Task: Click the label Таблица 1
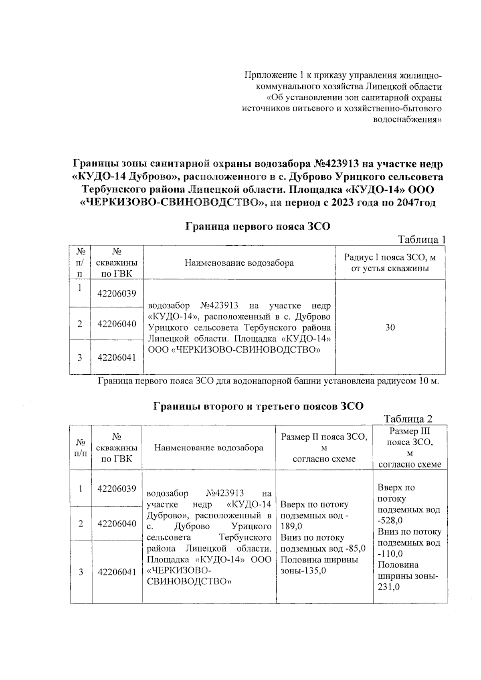(x=421, y=240)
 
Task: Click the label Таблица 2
(x=408, y=419)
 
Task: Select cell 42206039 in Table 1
(x=117, y=293)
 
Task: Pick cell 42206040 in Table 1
(x=117, y=324)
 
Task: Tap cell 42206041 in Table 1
(x=117, y=357)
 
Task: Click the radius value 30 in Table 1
(x=390, y=327)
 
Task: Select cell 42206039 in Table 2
(x=117, y=488)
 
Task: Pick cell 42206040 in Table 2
(x=117, y=523)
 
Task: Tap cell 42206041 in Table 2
(x=117, y=572)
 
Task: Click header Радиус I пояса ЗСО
(x=390, y=263)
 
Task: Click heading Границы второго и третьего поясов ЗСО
(x=259, y=406)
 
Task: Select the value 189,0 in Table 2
(x=291, y=526)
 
